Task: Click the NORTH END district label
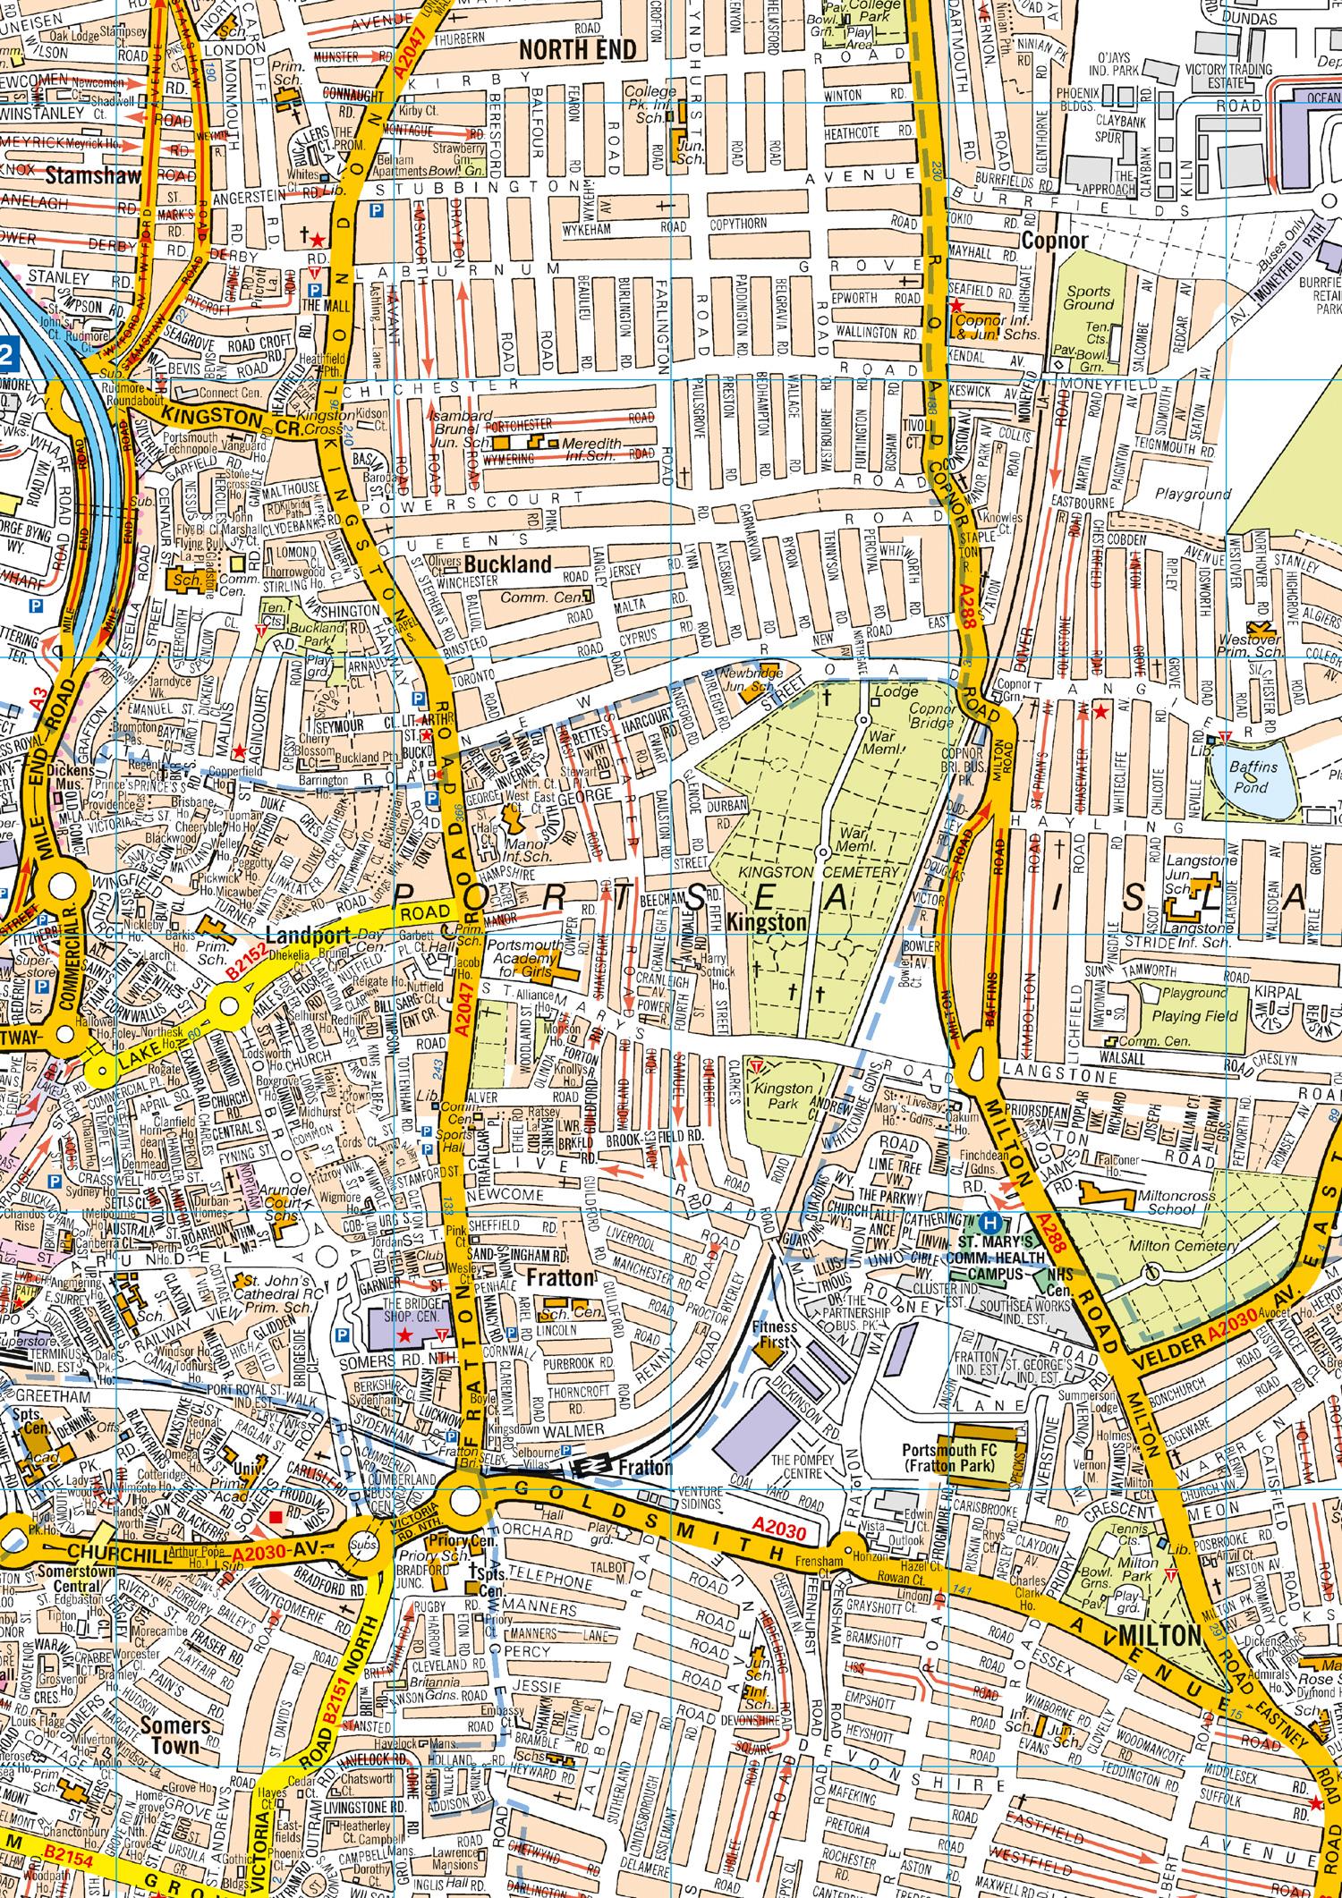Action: click(581, 50)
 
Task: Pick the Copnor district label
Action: click(1055, 241)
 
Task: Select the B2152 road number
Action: click(247, 962)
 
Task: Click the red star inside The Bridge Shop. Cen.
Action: click(404, 1335)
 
